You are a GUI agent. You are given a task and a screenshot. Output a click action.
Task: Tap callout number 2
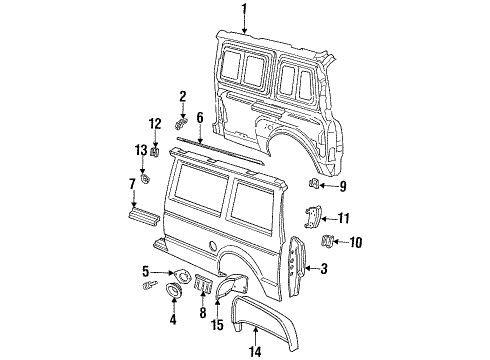tap(182, 96)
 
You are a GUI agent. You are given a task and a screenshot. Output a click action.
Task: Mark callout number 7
tap(131, 184)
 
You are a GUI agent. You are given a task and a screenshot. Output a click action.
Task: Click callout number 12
tap(154, 123)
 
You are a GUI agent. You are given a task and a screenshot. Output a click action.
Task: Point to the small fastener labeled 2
tap(182, 124)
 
